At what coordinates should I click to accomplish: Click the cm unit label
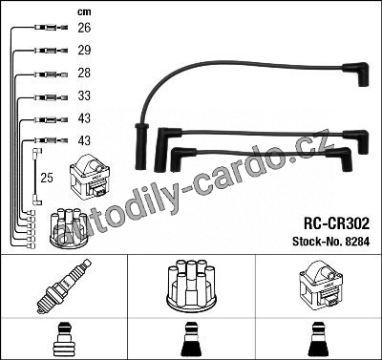click(x=84, y=12)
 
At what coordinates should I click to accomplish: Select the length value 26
click(x=84, y=28)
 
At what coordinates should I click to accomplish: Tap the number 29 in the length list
click(x=84, y=50)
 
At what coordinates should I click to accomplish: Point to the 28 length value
click(x=84, y=73)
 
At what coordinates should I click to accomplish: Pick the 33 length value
click(x=84, y=95)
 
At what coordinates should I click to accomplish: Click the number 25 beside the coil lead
click(x=47, y=178)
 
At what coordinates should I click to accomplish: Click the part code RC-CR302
click(x=337, y=223)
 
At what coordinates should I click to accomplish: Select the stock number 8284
click(x=357, y=242)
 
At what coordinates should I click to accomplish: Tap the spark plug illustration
click(x=64, y=286)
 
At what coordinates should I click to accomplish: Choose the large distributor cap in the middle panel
click(x=191, y=286)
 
